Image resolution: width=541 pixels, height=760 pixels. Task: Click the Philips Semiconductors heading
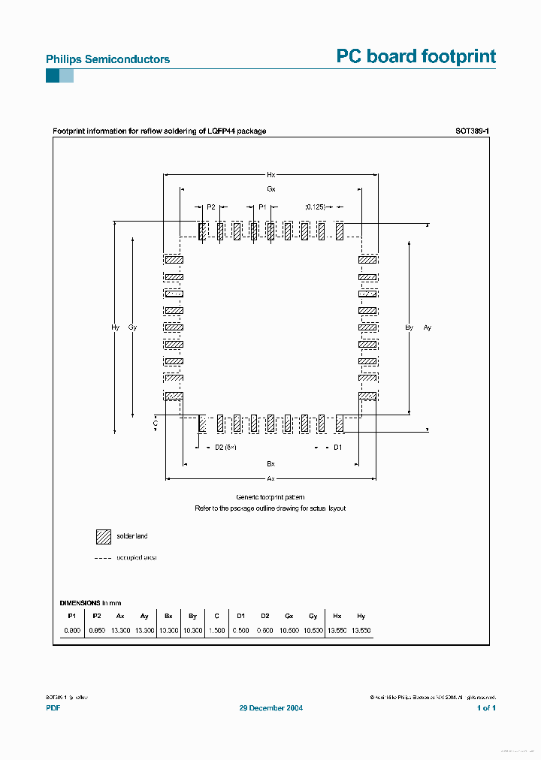click(x=108, y=59)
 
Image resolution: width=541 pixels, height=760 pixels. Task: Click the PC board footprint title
click(x=416, y=56)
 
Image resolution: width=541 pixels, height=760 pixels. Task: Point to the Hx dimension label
click(x=271, y=174)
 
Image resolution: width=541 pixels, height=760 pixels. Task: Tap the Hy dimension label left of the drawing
click(x=115, y=327)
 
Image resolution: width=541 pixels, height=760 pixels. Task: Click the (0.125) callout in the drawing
click(x=315, y=207)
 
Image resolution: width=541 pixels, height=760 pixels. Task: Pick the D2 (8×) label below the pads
click(x=225, y=448)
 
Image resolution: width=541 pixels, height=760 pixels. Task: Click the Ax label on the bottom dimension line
click(x=271, y=478)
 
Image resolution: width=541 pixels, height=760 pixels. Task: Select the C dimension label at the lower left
click(x=156, y=424)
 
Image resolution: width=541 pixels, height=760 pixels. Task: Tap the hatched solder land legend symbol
click(x=103, y=536)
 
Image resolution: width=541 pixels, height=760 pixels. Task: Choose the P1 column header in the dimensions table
click(x=71, y=616)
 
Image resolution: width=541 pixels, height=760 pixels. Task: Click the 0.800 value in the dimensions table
click(x=71, y=631)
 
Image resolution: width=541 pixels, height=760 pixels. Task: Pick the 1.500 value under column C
click(x=216, y=631)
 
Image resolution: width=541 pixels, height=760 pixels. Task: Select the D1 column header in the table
click(x=240, y=616)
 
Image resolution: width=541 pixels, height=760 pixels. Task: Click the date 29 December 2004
click(x=271, y=708)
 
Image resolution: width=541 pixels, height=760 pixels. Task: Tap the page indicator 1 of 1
click(x=486, y=708)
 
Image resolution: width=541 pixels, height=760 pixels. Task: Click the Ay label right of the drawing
click(x=428, y=327)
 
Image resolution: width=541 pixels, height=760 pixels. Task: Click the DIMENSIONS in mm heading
click(x=90, y=603)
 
